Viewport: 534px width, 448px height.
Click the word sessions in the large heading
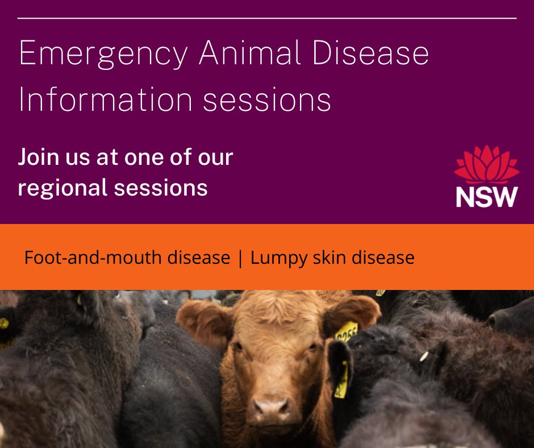(x=267, y=101)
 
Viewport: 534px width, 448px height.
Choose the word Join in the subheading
(x=39, y=157)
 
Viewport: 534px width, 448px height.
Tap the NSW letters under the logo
(x=486, y=196)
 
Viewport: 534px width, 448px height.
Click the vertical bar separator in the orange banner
(x=240, y=258)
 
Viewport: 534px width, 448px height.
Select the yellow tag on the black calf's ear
(x=341, y=380)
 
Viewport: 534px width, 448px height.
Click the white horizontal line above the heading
(x=267, y=18)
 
